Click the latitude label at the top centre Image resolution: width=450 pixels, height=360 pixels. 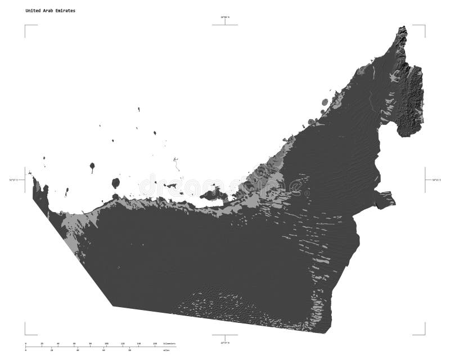225,18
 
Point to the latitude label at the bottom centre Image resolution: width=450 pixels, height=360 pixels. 225,342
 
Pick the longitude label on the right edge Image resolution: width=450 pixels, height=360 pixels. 436,180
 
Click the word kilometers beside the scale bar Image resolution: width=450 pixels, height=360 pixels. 169,343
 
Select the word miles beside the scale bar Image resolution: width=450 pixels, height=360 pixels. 167,350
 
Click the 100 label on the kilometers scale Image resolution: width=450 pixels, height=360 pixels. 106,343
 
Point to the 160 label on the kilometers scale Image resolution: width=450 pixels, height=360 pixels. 155,343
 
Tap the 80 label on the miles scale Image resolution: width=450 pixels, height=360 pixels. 130,350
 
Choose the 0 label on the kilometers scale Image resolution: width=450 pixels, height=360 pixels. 25,343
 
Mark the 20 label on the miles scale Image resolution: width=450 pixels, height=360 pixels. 51,350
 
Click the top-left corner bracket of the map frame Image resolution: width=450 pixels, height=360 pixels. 25,25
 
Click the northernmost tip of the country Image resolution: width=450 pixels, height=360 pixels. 403,27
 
